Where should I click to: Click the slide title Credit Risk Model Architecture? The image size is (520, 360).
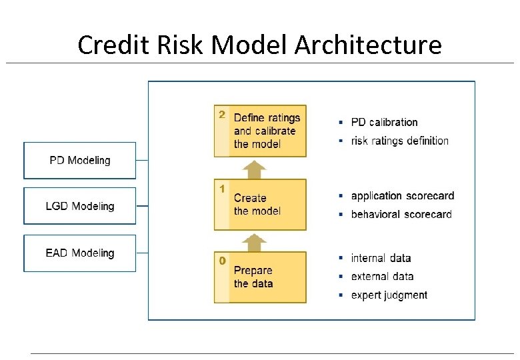(259, 45)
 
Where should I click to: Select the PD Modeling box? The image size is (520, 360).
(80, 161)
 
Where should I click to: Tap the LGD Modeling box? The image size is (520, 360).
(80, 206)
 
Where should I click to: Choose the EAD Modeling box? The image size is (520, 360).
(80, 253)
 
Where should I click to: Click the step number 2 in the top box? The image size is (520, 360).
(222, 115)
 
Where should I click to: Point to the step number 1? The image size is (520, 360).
(222, 189)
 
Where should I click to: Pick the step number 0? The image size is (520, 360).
(222, 261)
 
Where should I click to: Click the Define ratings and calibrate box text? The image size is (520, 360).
(267, 131)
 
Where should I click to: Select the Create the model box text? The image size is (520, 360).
(257, 205)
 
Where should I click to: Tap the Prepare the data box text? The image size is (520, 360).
(253, 277)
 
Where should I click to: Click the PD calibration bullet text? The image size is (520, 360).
(384, 123)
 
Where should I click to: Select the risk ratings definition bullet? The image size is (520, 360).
(399, 141)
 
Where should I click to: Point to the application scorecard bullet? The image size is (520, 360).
(402, 196)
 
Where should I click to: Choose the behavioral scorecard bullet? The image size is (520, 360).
(401, 215)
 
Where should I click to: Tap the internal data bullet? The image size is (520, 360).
(381, 259)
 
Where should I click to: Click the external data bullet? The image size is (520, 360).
(382, 277)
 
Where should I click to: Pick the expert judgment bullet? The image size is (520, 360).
(389, 295)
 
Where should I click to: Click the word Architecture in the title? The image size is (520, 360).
(368, 45)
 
